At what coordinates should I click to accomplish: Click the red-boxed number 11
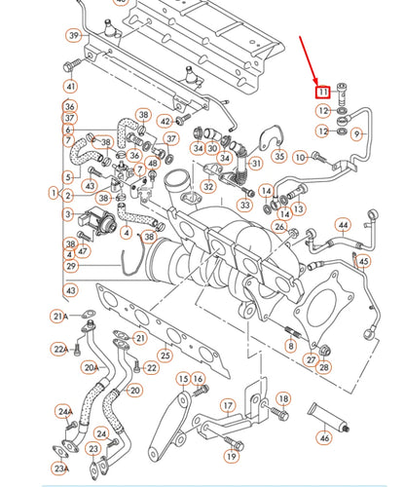click(322, 92)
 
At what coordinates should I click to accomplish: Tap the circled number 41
click(70, 86)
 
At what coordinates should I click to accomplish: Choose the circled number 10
click(300, 156)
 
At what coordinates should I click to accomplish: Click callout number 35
click(279, 156)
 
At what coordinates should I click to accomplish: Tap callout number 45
click(362, 261)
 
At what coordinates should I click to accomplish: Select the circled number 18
click(282, 398)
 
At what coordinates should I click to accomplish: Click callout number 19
click(231, 455)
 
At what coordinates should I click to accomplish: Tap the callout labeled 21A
click(59, 317)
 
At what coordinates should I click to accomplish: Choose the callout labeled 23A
click(59, 468)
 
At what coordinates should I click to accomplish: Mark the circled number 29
click(70, 266)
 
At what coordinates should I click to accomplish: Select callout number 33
click(244, 206)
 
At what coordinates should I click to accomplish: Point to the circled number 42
click(165, 121)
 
